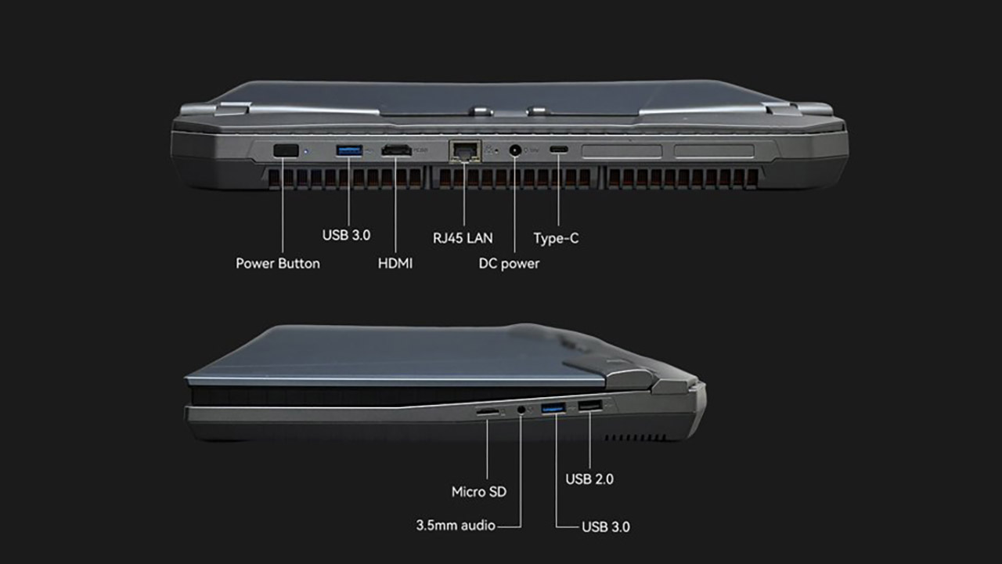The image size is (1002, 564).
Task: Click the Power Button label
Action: click(x=278, y=263)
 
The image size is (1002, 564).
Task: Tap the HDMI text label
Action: click(x=395, y=263)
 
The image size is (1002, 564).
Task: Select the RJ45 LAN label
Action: click(x=463, y=237)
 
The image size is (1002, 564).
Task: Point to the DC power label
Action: click(x=509, y=263)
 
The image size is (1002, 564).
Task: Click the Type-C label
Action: click(x=556, y=237)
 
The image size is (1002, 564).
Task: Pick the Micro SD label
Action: click(x=479, y=492)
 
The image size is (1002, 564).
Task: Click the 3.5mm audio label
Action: click(x=456, y=525)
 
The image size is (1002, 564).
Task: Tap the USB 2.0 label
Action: click(x=589, y=479)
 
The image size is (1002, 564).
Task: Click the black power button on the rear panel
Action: click(x=286, y=150)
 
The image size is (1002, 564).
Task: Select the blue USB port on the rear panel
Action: click(x=349, y=150)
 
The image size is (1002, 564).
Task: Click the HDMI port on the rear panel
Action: click(x=396, y=150)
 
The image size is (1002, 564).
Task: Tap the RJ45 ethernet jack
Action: click(x=465, y=151)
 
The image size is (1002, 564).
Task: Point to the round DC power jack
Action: click(x=515, y=150)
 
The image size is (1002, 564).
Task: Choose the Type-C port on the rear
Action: click(x=559, y=150)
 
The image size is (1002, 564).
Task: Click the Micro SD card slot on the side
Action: click(x=487, y=411)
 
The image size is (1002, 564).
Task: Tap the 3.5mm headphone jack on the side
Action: click(x=521, y=409)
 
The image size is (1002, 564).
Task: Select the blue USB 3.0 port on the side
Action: click(x=553, y=408)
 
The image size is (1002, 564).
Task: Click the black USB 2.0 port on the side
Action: click(x=590, y=406)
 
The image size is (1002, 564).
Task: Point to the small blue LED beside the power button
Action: click(x=306, y=151)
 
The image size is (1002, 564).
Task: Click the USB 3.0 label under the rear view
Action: click(x=346, y=235)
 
